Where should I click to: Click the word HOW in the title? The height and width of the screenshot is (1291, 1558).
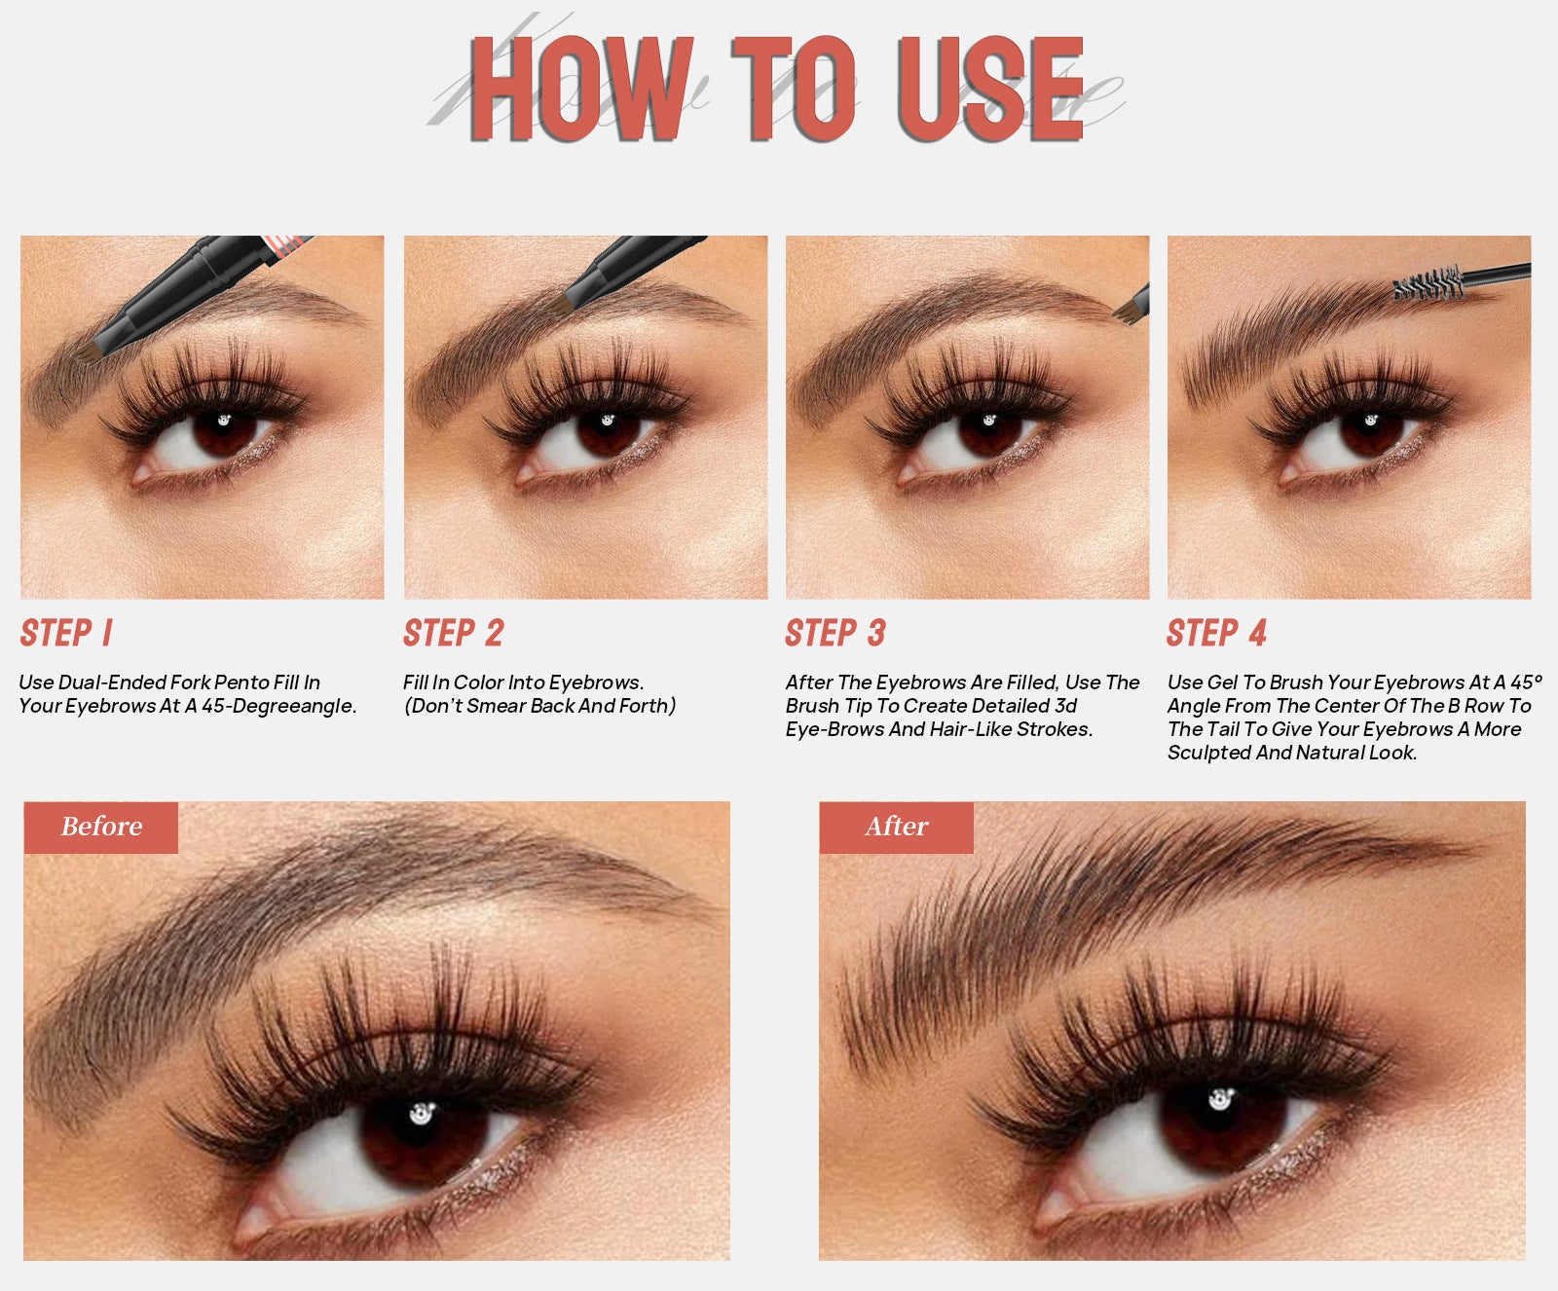pyautogui.click(x=582, y=89)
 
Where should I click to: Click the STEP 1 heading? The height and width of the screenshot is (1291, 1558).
pyautogui.click(x=66, y=633)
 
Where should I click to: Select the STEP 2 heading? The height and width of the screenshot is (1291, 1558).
pyautogui.click(x=454, y=633)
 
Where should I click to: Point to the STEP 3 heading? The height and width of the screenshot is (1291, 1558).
pyautogui.click(x=835, y=633)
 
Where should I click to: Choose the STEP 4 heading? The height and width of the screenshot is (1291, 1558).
pyautogui.click(x=1217, y=633)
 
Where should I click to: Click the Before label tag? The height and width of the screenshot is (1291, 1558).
pyautogui.click(x=101, y=828)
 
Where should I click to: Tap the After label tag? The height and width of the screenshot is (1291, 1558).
pyautogui.click(x=896, y=828)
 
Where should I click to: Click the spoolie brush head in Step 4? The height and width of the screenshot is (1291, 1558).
pyautogui.click(x=1428, y=283)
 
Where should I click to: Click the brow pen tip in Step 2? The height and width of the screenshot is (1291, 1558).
pyautogui.click(x=560, y=305)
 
